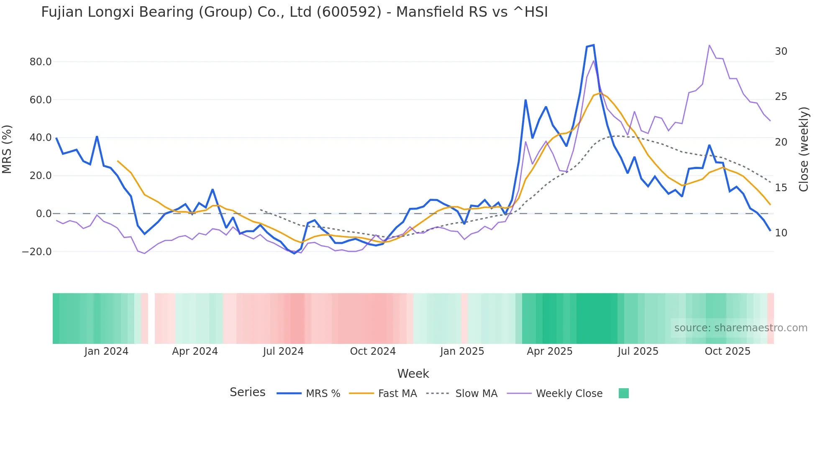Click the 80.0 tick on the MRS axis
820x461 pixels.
[x=40, y=62]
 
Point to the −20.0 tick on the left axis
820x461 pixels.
[x=37, y=252]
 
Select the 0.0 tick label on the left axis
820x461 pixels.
[x=44, y=214]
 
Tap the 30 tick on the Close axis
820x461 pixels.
[x=781, y=51]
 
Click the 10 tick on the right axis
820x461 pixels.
[x=781, y=233]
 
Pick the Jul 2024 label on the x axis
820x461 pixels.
[x=283, y=351]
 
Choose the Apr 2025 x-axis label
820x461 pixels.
[x=549, y=351]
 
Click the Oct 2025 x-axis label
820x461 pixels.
[x=727, y=351]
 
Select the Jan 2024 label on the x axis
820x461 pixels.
[x=106, y=351]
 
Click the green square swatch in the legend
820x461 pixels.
[x=623, y=393]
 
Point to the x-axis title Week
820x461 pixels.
[x=413, y=374]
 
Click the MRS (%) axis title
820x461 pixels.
[x=7, y=149]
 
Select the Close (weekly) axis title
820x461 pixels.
[x=803, y=149]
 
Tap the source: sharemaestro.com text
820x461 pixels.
[x=741, y=328]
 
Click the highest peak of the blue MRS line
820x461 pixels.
[x=593, y=45]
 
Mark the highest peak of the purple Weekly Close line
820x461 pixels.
[x=709, y=45]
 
